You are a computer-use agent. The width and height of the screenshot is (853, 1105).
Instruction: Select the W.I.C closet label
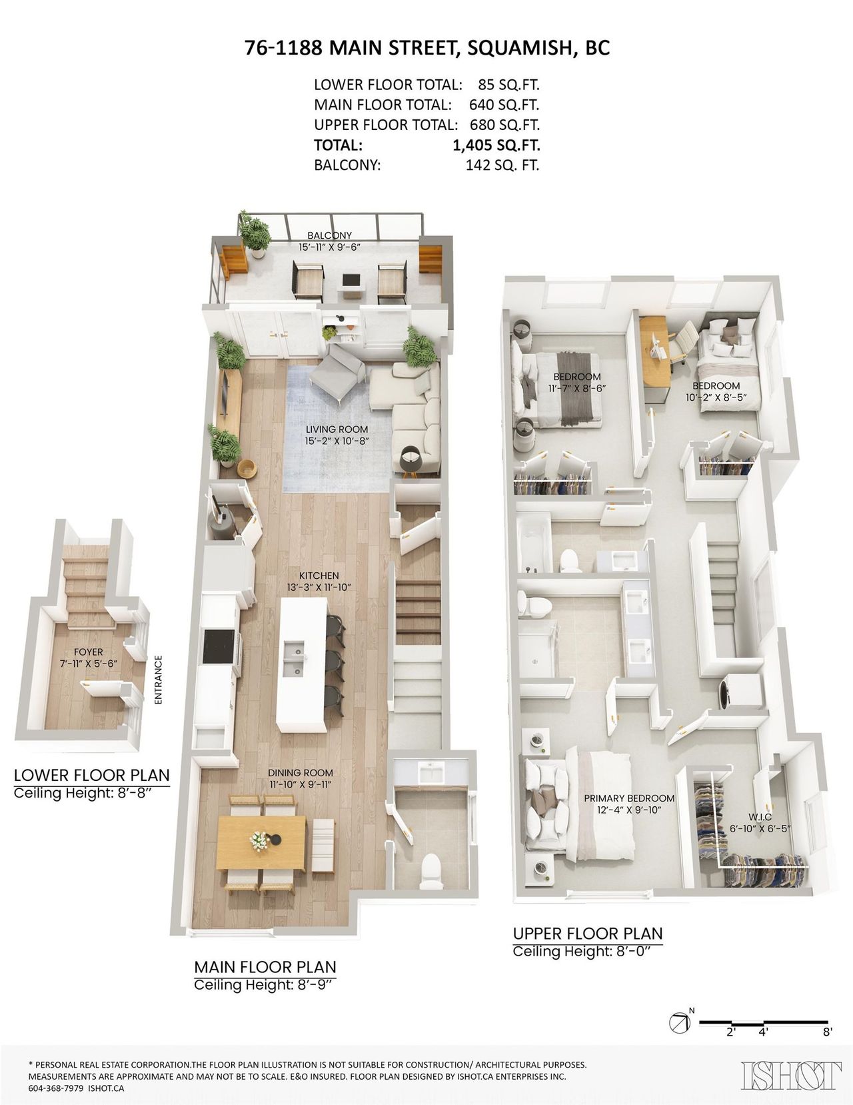[x=760, y=817]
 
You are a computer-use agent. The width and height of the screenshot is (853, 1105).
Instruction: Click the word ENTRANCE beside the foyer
[x=158, y=680]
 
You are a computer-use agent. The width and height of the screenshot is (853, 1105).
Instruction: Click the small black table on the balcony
[x=351, y=279]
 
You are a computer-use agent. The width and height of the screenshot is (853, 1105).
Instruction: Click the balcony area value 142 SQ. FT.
[x=502, y=165]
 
